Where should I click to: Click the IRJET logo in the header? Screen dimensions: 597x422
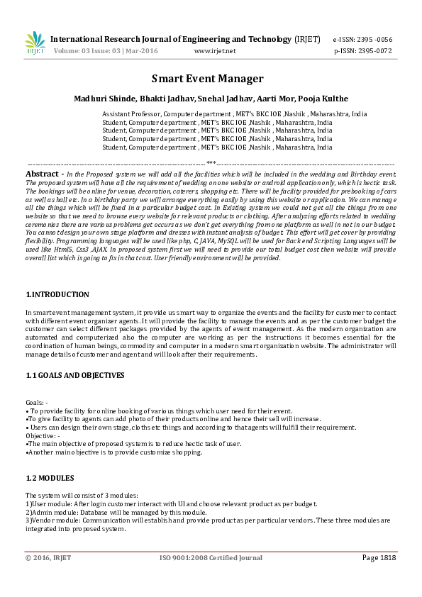coord(35,43)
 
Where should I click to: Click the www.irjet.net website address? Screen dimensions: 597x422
coord(214,52)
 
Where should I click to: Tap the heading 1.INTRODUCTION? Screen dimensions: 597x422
coord(57,294)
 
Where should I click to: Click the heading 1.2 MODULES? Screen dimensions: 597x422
coord(49,479)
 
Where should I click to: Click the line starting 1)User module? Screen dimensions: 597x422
coord(171,504)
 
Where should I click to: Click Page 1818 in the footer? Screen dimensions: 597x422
coord(379,558)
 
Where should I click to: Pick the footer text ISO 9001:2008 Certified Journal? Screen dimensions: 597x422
coord(210,558)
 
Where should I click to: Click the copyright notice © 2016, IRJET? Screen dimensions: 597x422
coord(49,558)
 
